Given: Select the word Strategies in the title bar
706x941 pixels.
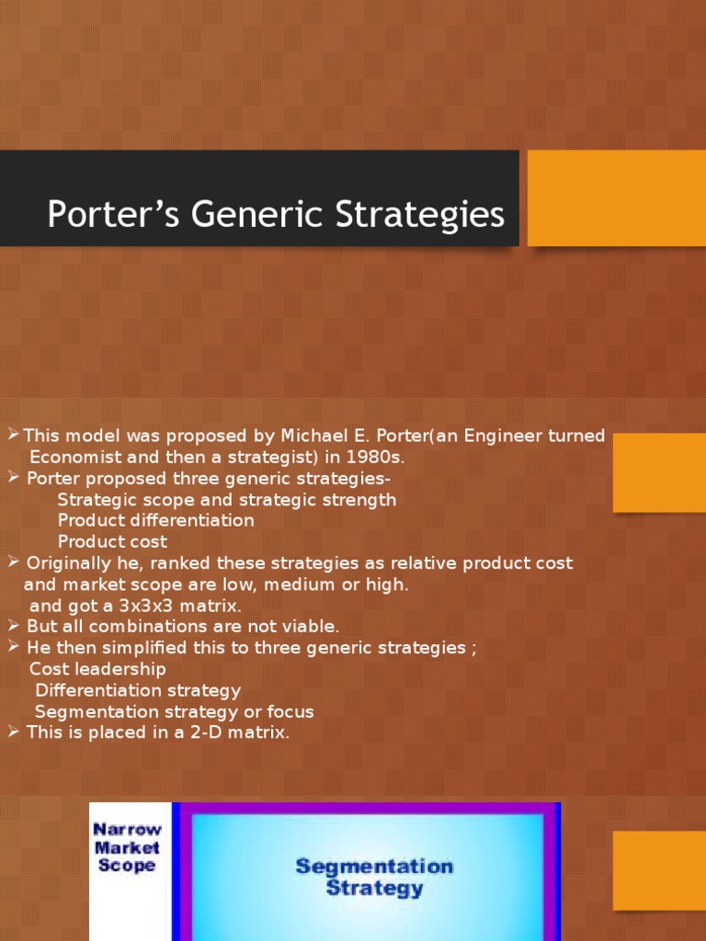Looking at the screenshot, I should click(x=404, y=215).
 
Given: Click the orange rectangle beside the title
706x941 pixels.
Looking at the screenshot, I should click(x=616, y=198).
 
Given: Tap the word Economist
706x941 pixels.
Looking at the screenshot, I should click(x=77, y=457).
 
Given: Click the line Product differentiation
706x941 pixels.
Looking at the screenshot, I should click(x=155, y=520).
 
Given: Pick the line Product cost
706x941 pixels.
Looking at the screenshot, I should click(x=112, y=541).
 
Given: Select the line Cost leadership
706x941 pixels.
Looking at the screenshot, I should click(x=97, y=669).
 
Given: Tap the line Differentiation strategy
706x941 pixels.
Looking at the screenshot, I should click(x=138, y=690).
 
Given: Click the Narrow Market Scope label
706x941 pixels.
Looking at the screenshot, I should click(x=127, y=847).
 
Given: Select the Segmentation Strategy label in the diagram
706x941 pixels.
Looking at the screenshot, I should click(x=373, y=877).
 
